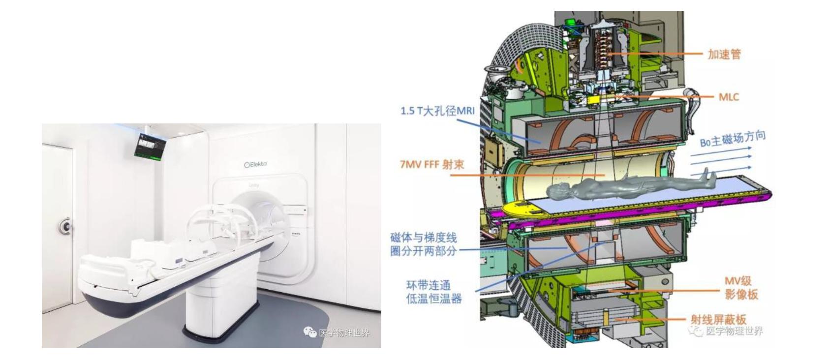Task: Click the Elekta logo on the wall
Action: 255,164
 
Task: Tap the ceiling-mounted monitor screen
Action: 151,146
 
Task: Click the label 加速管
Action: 724,54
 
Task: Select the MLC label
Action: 729,97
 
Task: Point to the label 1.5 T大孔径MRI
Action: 437,111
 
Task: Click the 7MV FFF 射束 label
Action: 431,164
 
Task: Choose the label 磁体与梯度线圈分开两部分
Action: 424,244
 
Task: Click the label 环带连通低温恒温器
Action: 433,292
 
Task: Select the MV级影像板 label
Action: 741,288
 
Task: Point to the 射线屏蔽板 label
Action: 718,320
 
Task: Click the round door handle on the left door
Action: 65,226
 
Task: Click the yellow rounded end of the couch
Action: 523,209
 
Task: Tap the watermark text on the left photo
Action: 343,333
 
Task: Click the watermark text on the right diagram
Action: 734,331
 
